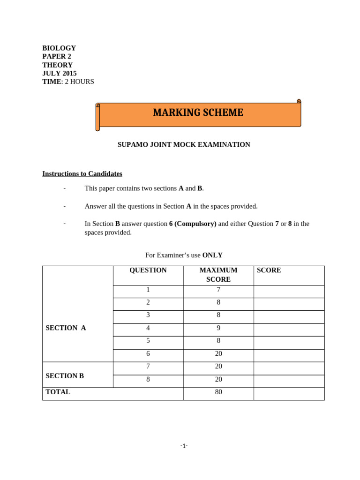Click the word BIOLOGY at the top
[59, 48]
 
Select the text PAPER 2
[57, 56]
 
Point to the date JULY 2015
[60, 73]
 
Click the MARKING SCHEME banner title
[198, 113]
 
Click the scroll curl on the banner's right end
[299, 101]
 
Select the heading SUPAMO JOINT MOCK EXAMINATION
[184, 145]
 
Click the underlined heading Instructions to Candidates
[82, 174]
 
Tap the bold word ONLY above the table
[212, 255]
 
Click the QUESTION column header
[148, 270]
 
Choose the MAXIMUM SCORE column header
[218, 275]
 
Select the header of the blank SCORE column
[269, 270]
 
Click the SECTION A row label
[66, 328]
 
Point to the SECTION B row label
[65, 376]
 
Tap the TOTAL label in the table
[58, 392]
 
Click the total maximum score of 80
[218, 392]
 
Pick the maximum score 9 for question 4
[218, 328]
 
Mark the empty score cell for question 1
[289, 292]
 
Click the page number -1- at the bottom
[184, 446]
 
